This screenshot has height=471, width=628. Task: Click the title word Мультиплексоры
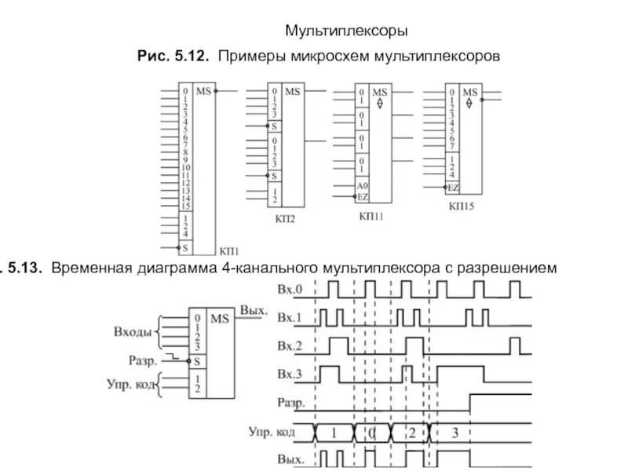click(345, 32)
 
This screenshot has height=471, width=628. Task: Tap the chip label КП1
click(228, 251)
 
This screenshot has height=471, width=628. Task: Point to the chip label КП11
click(371, 215)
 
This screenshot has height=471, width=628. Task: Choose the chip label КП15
click(462, 206)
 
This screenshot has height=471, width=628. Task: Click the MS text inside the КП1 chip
click(203, 92)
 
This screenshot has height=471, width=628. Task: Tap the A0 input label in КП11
click(362, 185)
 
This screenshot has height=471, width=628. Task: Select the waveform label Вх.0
click(289, 291)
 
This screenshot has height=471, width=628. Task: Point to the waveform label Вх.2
click(289, 345)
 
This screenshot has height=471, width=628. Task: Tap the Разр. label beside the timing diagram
click(288, 400)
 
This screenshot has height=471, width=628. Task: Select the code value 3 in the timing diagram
click(453, 432)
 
